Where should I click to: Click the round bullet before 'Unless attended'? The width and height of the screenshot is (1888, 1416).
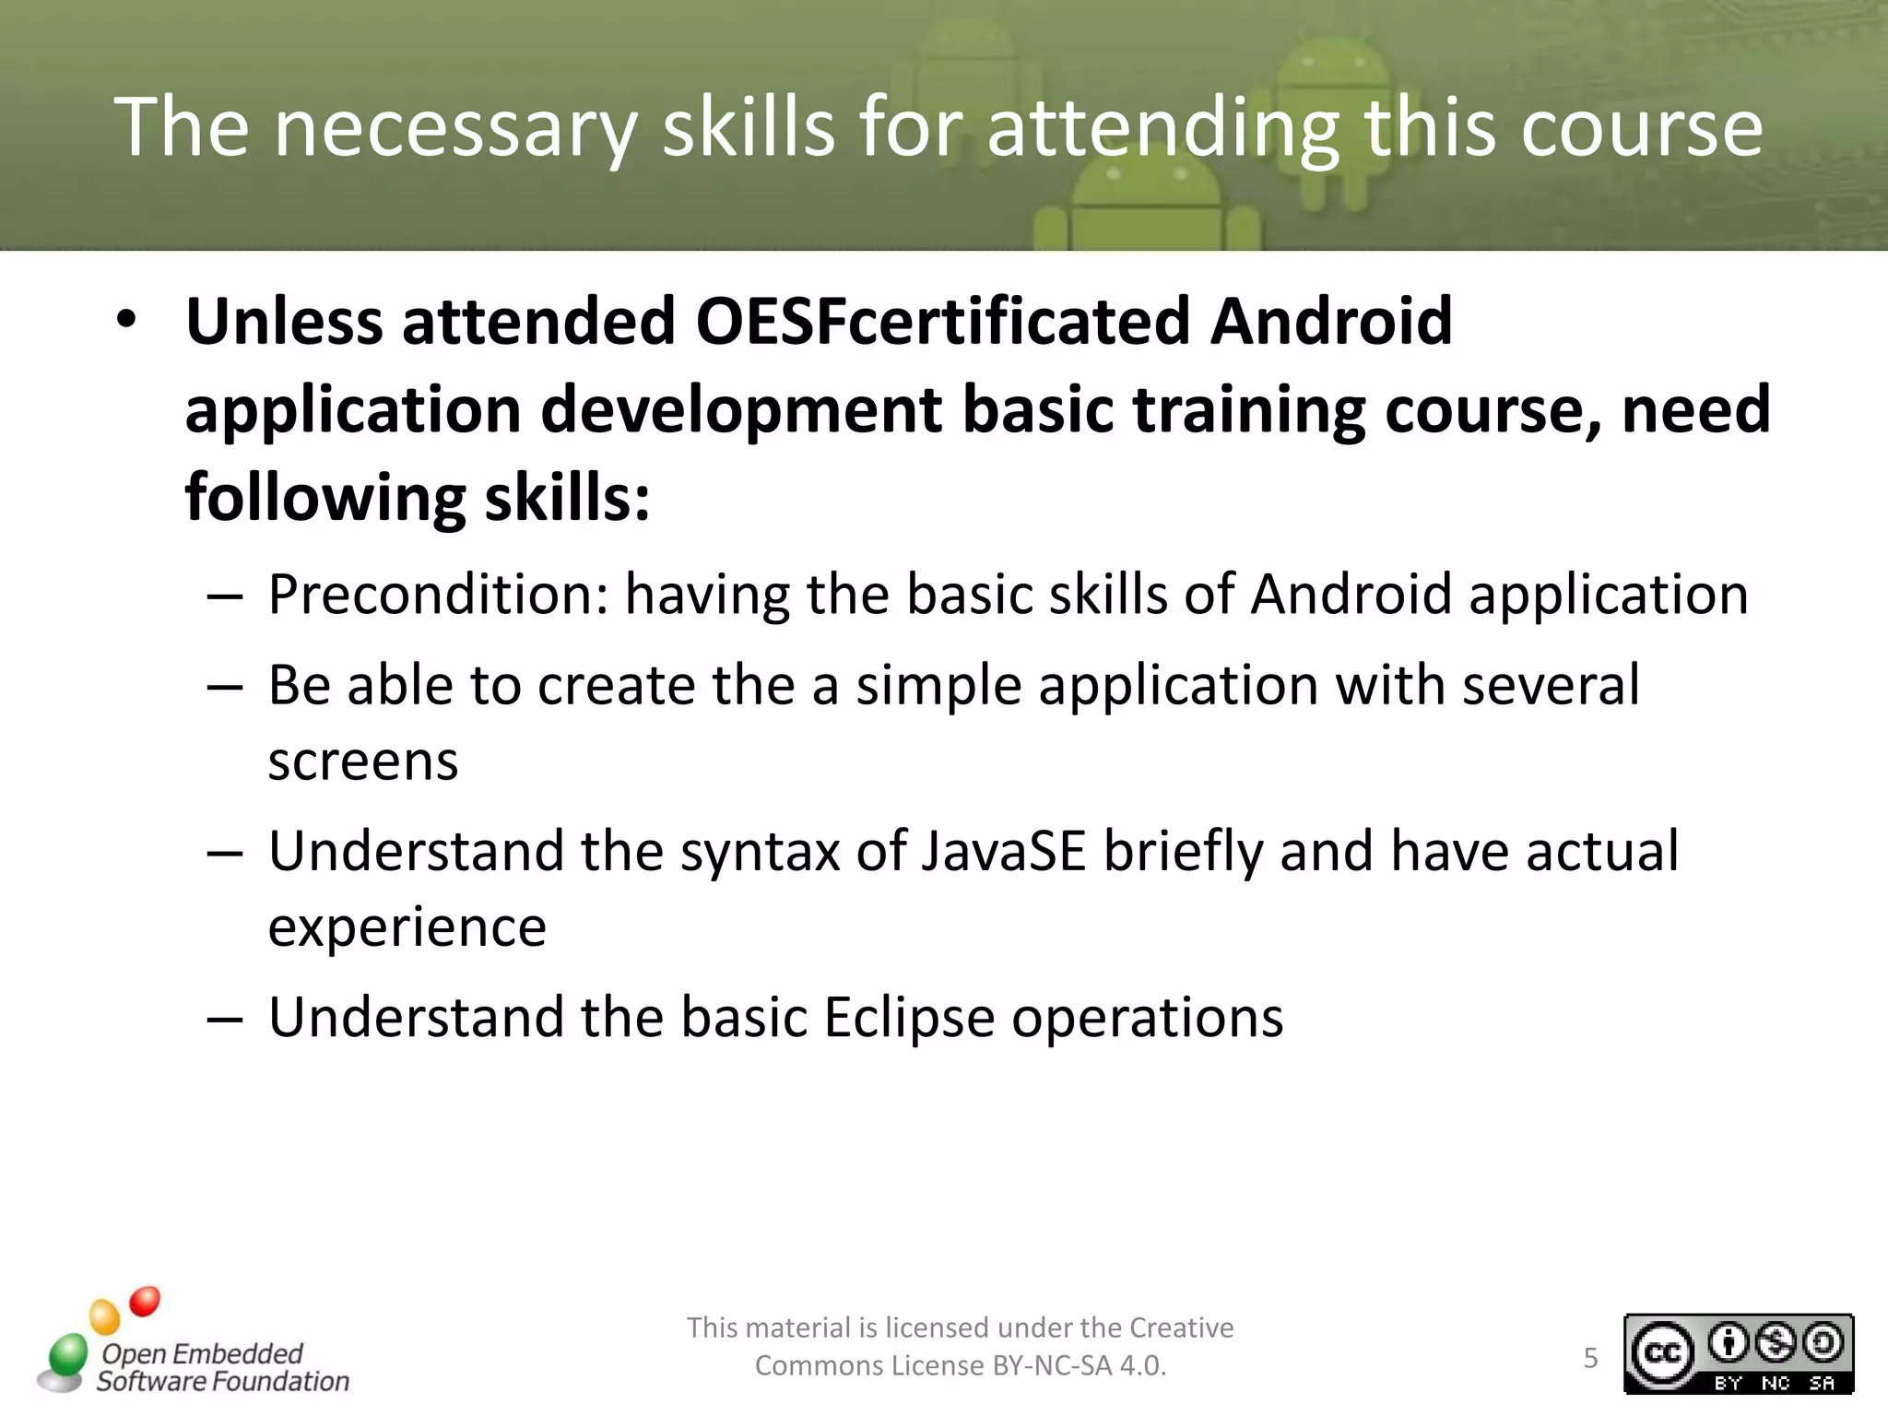tap(126, 320)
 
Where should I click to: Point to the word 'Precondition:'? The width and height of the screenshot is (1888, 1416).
tap(438, 594)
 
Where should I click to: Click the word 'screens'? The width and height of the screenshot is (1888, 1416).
tap(362, 761)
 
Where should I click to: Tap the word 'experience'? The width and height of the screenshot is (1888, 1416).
tap(407, 926)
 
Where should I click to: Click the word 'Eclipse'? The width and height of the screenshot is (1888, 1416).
tap(908, 1017)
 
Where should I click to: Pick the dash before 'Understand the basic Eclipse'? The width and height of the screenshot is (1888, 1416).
tap(225, 1019)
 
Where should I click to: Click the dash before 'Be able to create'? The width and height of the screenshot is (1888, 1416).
tap(225, 687)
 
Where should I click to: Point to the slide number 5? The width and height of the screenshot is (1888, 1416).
tap(1590, 1358)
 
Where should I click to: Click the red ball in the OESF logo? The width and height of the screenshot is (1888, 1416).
tap(145, 1302)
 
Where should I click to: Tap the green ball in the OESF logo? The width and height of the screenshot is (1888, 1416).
tap(67, 1355)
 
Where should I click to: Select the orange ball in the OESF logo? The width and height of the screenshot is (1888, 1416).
tap(104, 1316)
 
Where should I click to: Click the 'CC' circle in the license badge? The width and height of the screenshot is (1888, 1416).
tap(1662, 1353)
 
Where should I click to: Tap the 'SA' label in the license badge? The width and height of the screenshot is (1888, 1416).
tap(1822, 1383)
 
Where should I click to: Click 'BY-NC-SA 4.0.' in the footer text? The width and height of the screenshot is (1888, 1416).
tap(1079, 1365)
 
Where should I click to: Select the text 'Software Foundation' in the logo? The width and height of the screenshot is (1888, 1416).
tap(223, 1381)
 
